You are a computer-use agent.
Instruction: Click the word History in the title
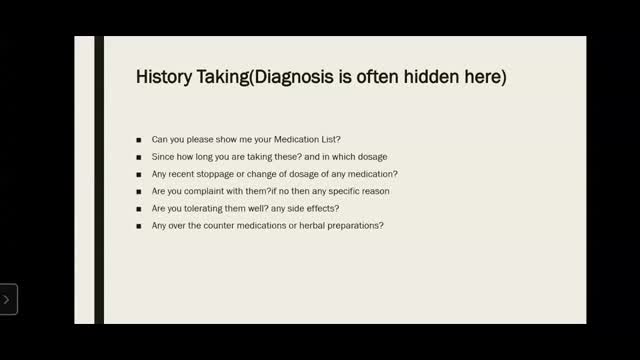pos(162,77)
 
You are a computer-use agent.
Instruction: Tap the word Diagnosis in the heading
pos(299,77)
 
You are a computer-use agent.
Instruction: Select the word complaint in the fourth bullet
pos(212,190)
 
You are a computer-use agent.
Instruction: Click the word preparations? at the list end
pos(353,225)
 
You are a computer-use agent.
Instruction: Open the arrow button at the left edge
pos(7,298)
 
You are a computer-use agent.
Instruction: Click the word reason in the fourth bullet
pos(373,190)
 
